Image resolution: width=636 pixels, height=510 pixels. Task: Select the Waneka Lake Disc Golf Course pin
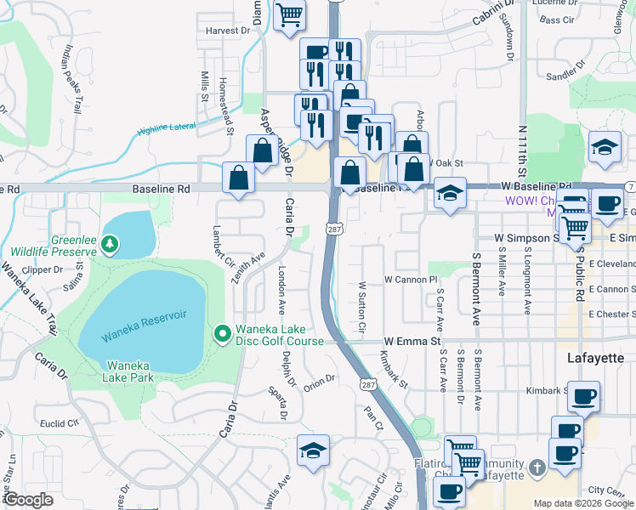point(222,333)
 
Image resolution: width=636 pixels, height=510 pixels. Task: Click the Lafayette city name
point(595,359)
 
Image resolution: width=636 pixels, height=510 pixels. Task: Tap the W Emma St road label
point(414,341)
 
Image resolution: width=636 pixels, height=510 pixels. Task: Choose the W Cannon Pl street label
point(410,279)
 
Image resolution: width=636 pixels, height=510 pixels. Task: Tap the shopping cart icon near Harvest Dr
point(289,14)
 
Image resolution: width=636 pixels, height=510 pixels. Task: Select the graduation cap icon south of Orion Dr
point(313,450)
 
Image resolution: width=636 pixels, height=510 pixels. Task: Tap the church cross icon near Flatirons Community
point(537,468)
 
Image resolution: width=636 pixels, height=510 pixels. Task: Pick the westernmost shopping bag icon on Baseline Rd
point(238,178)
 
